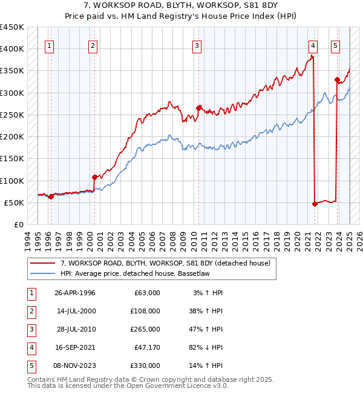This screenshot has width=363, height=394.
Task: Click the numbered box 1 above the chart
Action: [48, 45]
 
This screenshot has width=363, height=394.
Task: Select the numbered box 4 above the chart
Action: [313, 45]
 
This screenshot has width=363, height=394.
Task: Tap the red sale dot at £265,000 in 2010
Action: [198, 108]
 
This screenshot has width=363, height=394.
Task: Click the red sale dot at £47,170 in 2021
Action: [315, 204]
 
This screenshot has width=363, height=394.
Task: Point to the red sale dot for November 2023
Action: [337, 79]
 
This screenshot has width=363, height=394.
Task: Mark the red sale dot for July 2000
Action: [94, 177]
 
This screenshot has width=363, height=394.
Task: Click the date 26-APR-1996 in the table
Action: [75, 293]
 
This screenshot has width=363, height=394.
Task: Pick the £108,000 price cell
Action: [146, 311]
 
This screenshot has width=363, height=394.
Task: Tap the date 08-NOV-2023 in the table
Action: [75, 366]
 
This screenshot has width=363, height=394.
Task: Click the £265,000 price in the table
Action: [146, 329]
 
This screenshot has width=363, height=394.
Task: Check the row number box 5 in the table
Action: [30, 366]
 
